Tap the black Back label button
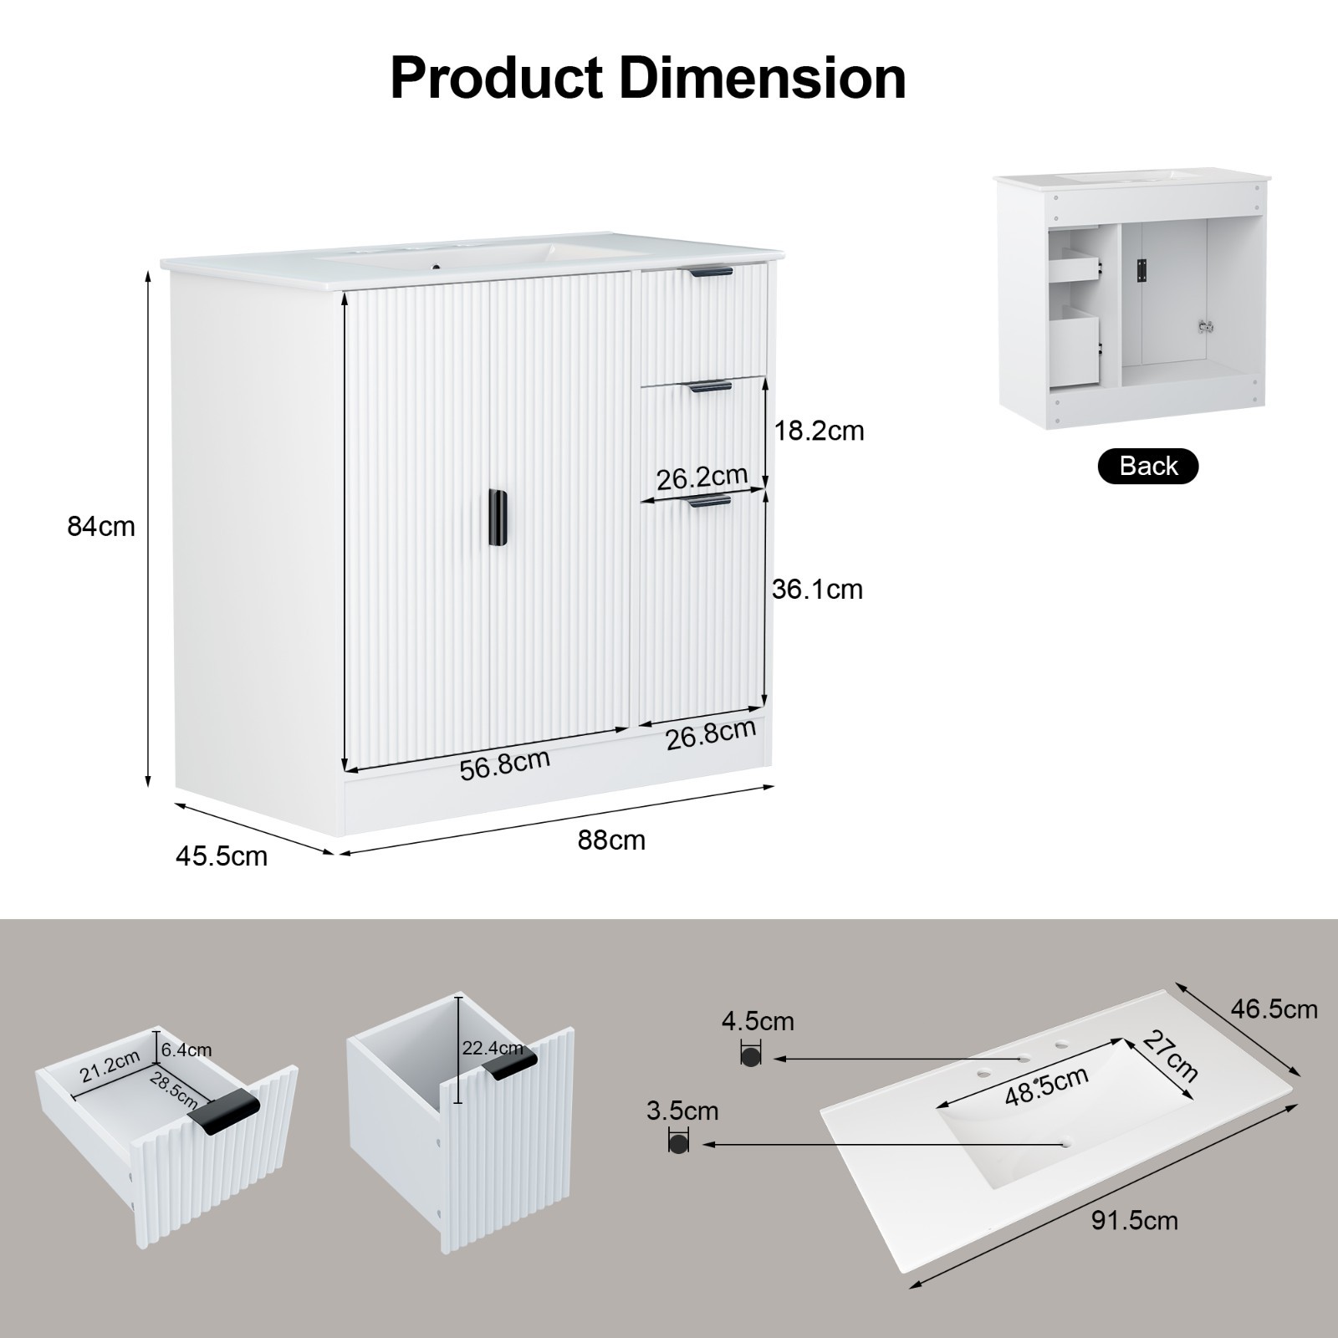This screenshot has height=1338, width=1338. tap(1147, 466)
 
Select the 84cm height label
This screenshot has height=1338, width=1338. tap(101, 527)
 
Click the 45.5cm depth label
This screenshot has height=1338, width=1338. tap(222, 856)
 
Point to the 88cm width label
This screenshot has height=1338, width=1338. tap(611, 840)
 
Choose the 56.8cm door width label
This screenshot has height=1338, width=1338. tap(505, 763)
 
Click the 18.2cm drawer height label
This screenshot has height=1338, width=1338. tap(819, 431)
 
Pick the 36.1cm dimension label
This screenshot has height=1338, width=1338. tap(817, 590)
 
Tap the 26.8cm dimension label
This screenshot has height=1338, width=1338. tap(711, 733)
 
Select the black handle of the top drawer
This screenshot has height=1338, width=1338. tap(710, 270)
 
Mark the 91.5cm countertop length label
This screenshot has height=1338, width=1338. tap(1135, 1221)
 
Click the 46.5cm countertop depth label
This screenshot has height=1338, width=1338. tap(1274, 1009)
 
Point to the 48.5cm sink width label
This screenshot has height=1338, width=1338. tap(1046, 1085)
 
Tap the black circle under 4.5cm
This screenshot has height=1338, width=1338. tap(751, 1055)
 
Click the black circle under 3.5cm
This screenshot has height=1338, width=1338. tap(678, 1141)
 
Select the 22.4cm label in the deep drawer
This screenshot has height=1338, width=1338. tap(493, 1048)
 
